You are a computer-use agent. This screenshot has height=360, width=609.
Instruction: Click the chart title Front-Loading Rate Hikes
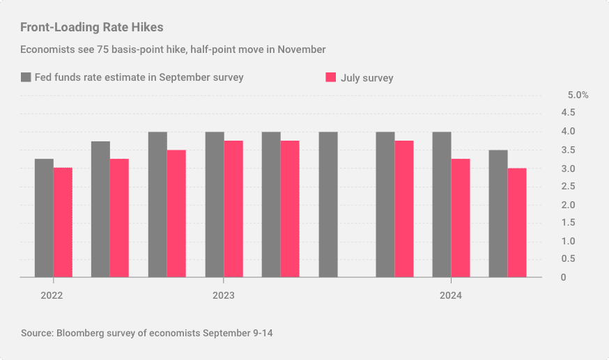92,27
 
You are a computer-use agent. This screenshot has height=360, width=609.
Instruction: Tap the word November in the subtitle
302,49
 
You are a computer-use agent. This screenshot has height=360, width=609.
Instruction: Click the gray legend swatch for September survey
26,77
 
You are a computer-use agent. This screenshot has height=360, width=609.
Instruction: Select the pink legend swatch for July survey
332,77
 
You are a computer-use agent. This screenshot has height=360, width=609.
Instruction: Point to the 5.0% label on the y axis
578,95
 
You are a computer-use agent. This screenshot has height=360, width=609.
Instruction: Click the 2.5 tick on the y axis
568,187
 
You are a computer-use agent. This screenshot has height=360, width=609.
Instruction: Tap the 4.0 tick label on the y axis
568,132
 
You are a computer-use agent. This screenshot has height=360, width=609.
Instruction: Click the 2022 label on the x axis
52,296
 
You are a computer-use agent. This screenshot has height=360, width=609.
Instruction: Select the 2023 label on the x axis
223,296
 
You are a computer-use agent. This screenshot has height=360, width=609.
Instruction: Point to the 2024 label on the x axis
450,296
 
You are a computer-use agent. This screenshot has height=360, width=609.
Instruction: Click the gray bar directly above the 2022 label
44,218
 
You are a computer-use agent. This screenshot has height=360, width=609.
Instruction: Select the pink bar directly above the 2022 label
63,222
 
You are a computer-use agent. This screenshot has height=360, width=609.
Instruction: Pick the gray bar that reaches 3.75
100,209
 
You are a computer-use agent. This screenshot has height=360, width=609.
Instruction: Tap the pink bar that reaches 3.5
176,214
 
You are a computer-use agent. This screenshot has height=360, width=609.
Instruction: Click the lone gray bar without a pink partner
328,204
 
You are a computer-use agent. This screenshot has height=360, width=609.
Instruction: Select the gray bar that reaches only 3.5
498,214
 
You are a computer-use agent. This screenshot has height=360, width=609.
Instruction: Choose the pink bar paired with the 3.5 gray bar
517,223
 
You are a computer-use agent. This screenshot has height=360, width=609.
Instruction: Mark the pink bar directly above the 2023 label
233,209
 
